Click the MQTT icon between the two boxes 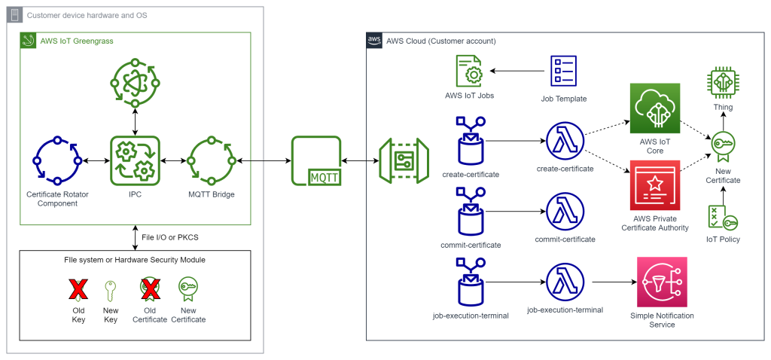(315, 160)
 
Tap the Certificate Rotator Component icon (57, 160)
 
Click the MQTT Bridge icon (212, 160)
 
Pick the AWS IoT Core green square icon (654, 108)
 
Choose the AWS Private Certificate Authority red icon (654, 185)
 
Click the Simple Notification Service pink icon (661, 282)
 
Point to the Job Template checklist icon (563, 72)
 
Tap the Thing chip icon (722, 84)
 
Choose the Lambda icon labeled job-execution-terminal (565, 282)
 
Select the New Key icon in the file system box (110, 291)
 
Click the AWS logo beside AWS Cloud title (374, 41)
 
